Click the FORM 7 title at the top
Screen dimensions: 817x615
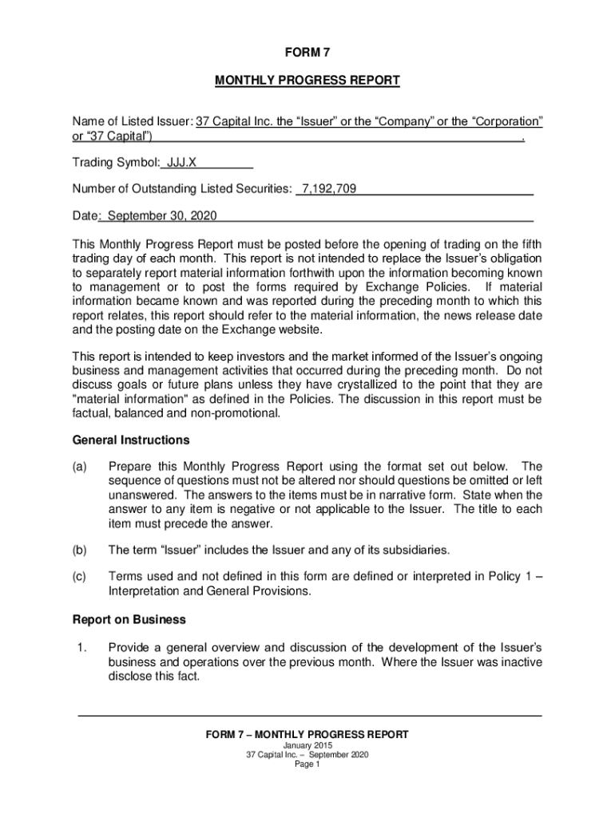pos(307,53)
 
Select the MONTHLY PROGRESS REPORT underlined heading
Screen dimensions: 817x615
pos(307,81)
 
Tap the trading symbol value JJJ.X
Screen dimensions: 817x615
pos(181,163)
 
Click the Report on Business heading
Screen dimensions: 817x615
pos(129,619)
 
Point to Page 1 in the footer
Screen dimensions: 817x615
pos(307,764)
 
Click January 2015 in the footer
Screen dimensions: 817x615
pos(307,745)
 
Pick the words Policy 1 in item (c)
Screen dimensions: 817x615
pos(502,576)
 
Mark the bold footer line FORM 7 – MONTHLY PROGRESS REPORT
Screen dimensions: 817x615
pos(307,734)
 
